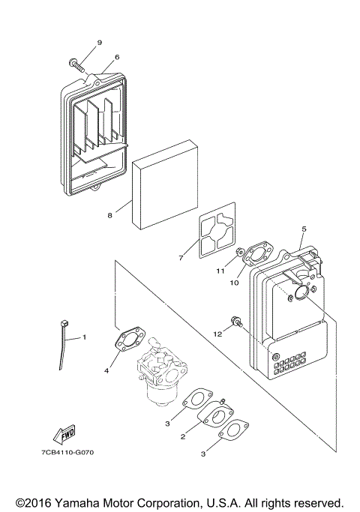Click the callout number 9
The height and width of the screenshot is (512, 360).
100,42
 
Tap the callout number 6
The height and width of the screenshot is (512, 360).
117,57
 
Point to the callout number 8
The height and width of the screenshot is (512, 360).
109,215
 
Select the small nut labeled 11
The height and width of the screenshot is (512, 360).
239,253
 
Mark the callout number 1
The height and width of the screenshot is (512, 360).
84,337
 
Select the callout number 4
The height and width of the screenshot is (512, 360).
106,370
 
